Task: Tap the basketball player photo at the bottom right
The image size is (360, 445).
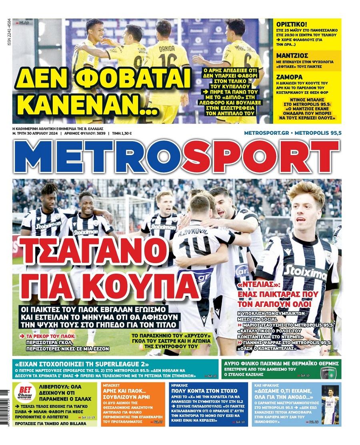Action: (x=330, y=405)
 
